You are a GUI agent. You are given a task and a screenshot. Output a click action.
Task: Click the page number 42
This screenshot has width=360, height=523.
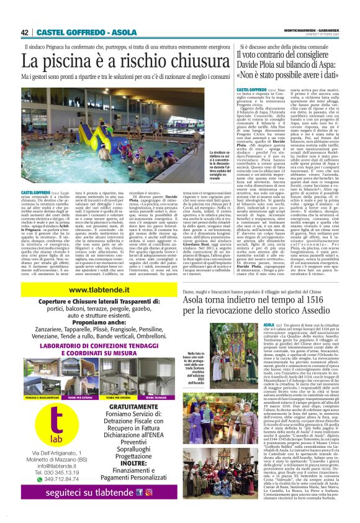[25, 32]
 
